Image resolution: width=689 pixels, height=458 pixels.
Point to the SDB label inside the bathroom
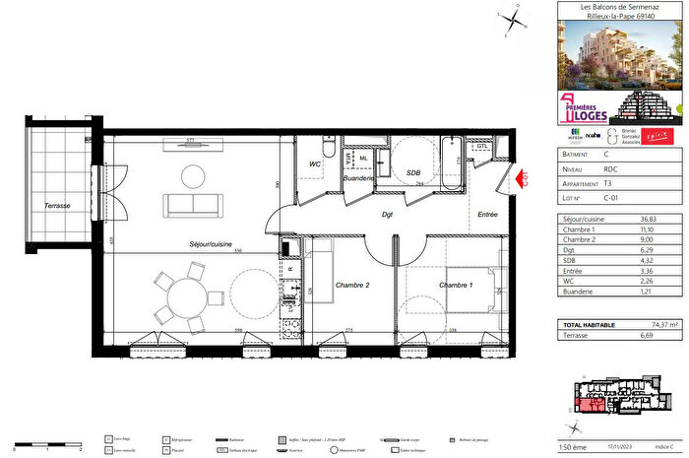click(413, 173)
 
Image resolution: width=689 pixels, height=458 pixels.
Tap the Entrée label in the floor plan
click(487, 214)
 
